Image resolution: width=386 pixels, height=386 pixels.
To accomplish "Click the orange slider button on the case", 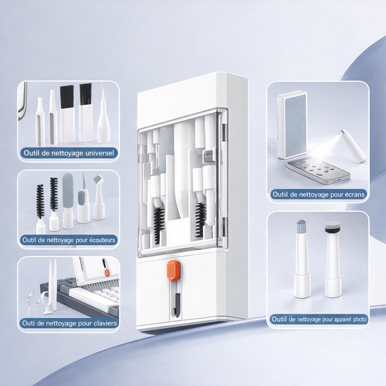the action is (x=173, y=270).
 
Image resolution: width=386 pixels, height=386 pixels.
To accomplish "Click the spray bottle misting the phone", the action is (x=352, y=146).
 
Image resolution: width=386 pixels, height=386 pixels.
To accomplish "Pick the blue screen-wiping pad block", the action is (x=292, y=125).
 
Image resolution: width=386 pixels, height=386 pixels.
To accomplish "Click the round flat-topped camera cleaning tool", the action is (x=332, y=259).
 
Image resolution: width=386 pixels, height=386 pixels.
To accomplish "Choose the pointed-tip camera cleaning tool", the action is (x=302, y=259).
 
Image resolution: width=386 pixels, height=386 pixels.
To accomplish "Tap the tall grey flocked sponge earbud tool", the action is (x=68, y=201).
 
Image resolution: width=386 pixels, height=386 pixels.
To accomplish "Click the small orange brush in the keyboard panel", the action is (x=106, y=267).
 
